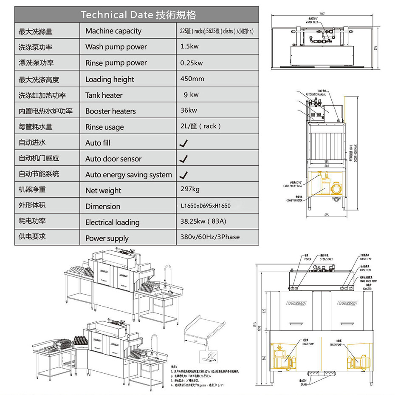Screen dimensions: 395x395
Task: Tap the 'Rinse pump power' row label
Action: coord(116,63)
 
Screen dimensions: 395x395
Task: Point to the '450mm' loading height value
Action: coord(192,79)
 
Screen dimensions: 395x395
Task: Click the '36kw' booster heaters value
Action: coord(189,111)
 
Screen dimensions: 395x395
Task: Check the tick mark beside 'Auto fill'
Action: coord(183,143)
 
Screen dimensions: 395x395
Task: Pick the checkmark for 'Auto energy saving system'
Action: coord(183,175)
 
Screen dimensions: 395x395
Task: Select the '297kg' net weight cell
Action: coord(190,190)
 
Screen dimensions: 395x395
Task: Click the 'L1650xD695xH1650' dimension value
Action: coord(206,206)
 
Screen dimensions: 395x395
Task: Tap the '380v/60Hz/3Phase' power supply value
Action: coord(210,237)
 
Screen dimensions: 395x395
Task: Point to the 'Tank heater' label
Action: coord(104,95)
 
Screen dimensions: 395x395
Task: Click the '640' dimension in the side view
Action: coord(327,166)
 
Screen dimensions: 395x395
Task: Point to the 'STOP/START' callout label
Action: coord(326,259)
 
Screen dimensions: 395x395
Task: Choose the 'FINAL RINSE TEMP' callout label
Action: coord(368,281)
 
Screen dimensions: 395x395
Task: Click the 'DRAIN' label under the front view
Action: coord(304,384)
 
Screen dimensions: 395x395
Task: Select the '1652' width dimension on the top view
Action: coord(322,14)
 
